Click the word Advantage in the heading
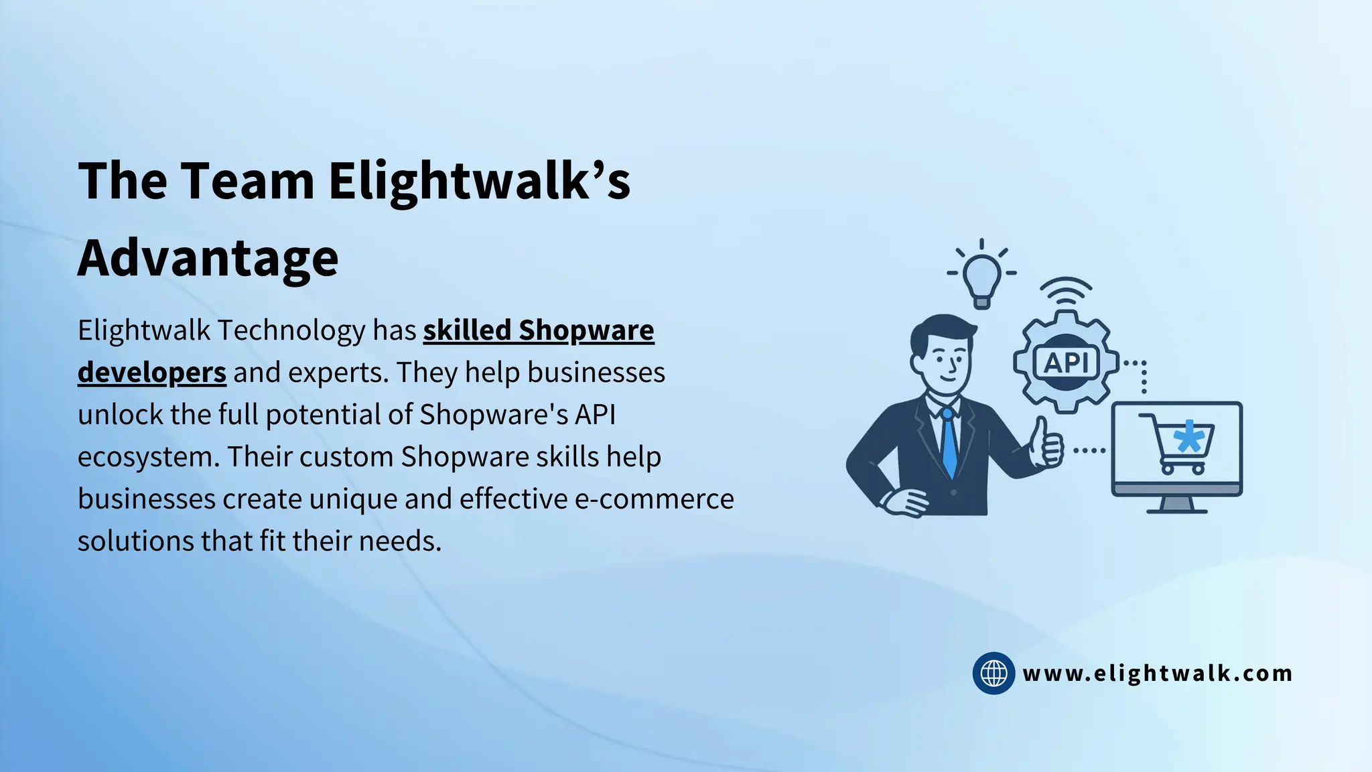pyautogui.click(x=208, y=259)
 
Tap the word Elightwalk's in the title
pyautogui.click(x=479, y=181)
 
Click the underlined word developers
pyautogui.click(x=152, y=373)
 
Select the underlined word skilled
pyautogui.click(x=467, y=330)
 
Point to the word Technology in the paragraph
pyautogui.click(x=291, y=330)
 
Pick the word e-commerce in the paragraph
pyautogui.click(x=655, y=499)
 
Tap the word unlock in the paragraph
pyautogui.click(x=120, y=415)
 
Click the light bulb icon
pyautogui.click(x=981, y=276)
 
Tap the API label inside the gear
pyautogui.click(x=1067, y=363)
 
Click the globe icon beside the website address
pyautogui.click(x=993, y=673)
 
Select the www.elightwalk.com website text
pyautogui.click(x=1157, y=673)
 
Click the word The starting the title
pyautogui.click(x=123, y=181)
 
